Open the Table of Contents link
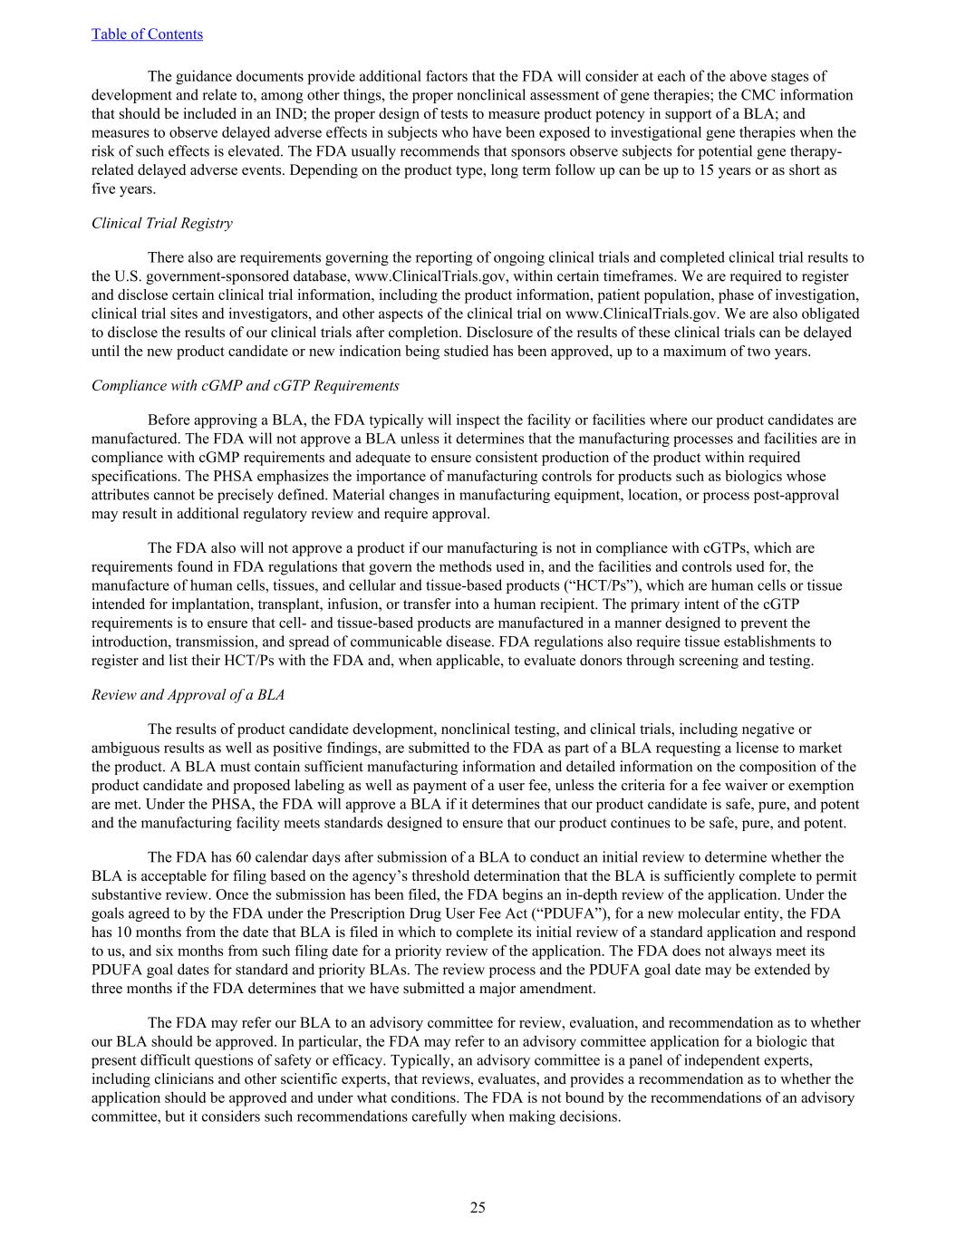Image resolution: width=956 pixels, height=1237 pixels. click(x=147, y=34)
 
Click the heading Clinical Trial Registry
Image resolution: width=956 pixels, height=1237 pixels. click(x=161, y=223)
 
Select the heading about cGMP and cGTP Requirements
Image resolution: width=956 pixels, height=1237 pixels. click(x=245, y=385)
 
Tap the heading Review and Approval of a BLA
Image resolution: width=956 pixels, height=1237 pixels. click(x=188, y=694)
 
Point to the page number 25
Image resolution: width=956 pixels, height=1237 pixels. click(x=478, y=1207)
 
